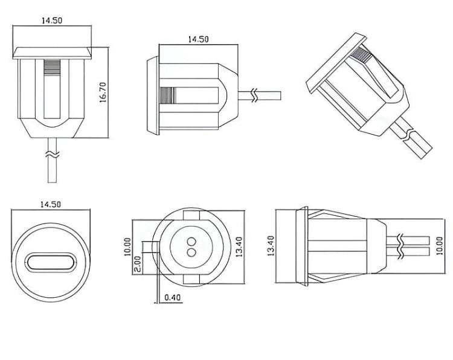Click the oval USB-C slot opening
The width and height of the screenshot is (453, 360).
coord(51,264)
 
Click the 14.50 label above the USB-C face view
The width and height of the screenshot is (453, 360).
coord(51,205)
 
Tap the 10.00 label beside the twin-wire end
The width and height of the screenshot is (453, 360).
coord(439,246)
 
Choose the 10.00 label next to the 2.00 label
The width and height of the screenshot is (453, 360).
coord(127,247)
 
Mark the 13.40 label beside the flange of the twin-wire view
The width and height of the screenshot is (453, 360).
coord(269,246)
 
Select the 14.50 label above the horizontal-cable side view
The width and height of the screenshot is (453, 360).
coord(198,39)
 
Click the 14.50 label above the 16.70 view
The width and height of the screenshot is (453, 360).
coord(52,21)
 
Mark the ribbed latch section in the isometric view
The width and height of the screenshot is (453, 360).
coord(362,57)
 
